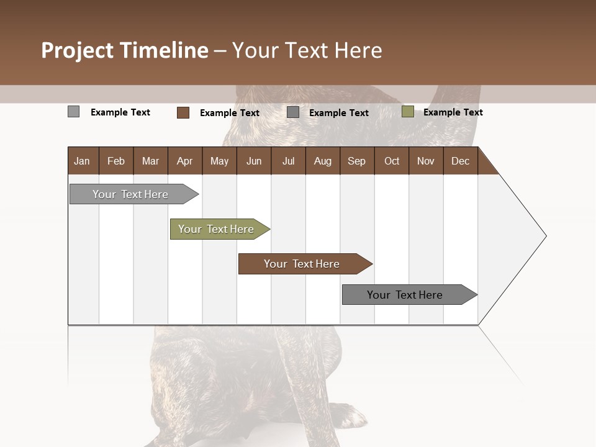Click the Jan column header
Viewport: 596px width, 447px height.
click(x=83, y=161)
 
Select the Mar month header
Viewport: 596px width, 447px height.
click(x=150, y=161)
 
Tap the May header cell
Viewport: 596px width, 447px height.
click(x=219, y=161)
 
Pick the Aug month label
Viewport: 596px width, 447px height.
click(x=322, y=161)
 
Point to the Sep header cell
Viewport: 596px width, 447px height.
click(x=356, y=161)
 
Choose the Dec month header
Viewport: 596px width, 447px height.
click(x=460, y=161)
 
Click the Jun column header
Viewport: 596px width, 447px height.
click(x=254, y=161)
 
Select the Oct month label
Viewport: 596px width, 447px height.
click(x=392, y=161)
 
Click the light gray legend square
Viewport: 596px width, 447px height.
click(x=74, y=112)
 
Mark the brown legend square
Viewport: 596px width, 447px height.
click(x=183, y=112)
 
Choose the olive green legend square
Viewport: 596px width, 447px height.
click(x=407, y=112)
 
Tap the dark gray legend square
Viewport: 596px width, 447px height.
click(x=293, y=112)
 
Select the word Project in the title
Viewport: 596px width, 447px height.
click(x=78, y=50)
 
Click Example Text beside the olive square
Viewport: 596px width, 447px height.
click(x=453, y=112)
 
